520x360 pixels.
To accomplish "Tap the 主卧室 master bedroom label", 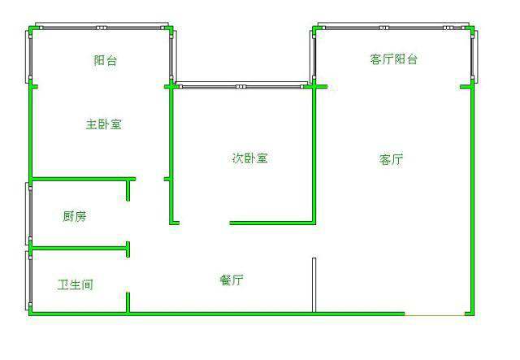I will (x=104, y=124).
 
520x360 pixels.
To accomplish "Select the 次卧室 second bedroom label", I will (x=250, y=158).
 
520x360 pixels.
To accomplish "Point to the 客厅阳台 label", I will (x=393, y=59).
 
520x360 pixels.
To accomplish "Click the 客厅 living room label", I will (x=392, y=160).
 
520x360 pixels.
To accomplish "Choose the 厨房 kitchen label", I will (x=75, y=216).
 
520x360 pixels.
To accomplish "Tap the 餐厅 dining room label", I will (x=232, y=280).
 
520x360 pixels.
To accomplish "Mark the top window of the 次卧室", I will (x=241, y=85).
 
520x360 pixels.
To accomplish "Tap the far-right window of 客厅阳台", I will (x=473, y=55).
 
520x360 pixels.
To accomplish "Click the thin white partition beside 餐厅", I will (x=314, y=284).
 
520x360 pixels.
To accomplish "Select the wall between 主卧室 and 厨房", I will (x=81, y=179).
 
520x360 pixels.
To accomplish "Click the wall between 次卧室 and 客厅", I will (x=314, y=154).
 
